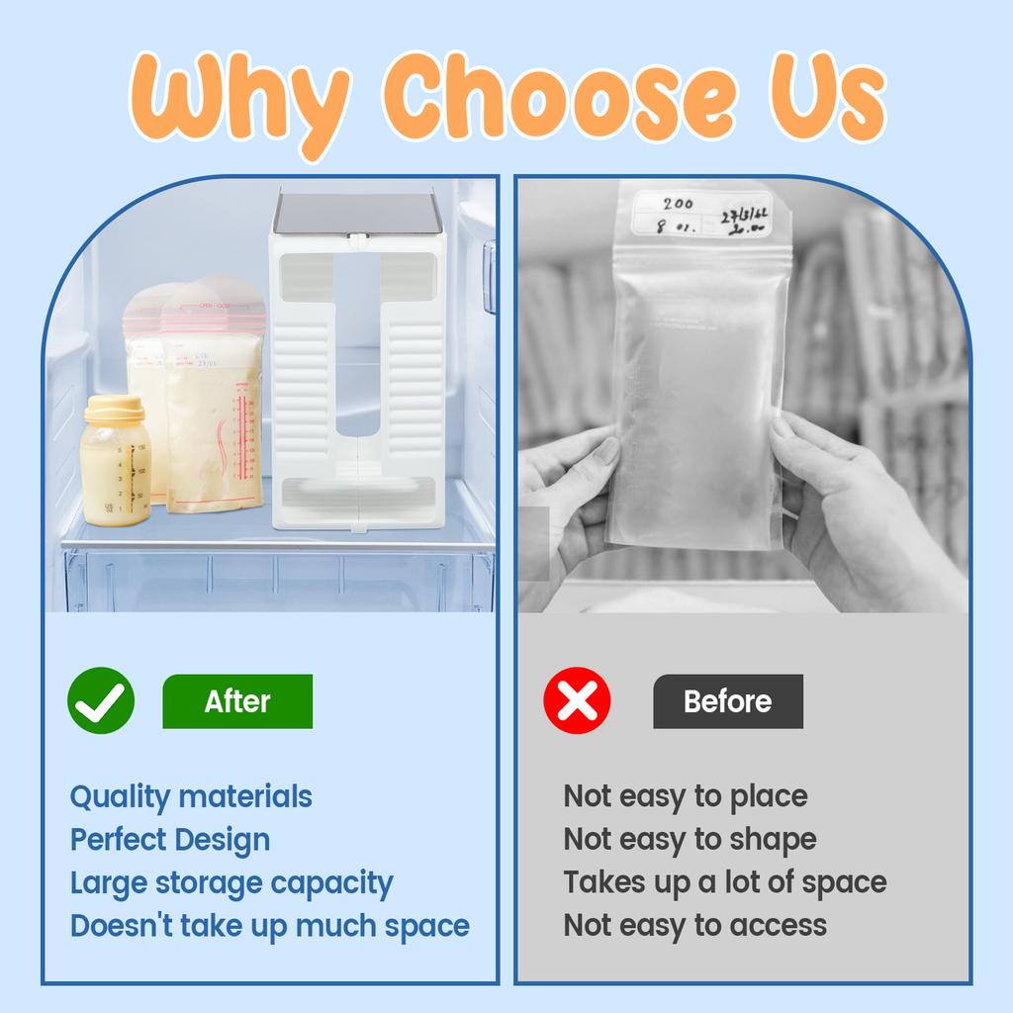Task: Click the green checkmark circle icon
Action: [101, 700]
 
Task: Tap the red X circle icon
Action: [578, 700]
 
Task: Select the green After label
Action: [237, 701]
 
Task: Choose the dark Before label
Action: [728, 701]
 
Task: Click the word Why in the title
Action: [237, 99]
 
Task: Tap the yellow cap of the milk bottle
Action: [113, 409]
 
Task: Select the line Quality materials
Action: [191, 796]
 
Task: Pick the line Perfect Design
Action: [170, 840]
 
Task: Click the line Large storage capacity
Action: [231, 882]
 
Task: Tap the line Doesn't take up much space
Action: [269, 926]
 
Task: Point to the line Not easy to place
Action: [686, 796]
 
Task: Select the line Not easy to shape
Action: [691, 840]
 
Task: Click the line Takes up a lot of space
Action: [725, 882]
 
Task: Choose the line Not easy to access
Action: [695, 926]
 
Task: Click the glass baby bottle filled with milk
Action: [115, 465]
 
